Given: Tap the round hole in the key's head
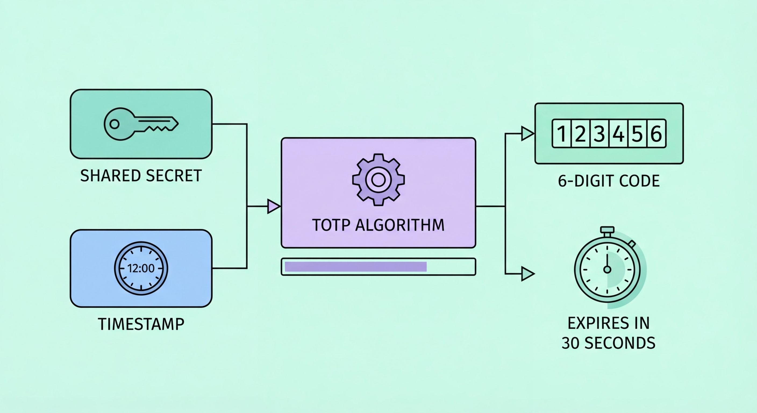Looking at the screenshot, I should click(x=114, y=124).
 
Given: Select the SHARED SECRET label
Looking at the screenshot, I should click(x=141, y=176).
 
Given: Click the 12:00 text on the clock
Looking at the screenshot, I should click(x=141, y=268).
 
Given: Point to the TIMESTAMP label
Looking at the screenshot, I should click(x=141, y=324).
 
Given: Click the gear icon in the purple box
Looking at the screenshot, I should click(x=378, y=180).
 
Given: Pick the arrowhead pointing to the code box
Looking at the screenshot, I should click(x=527, y=134).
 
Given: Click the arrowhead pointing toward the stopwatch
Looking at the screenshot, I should click(x=527, y=274).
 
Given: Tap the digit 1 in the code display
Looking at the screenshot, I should click(x=562, y=134).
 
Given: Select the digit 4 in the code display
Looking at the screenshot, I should click(x=618, y=134).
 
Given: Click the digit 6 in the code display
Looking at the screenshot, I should click(x=656, y=134).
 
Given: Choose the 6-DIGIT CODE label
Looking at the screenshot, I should click(x=609, y=181).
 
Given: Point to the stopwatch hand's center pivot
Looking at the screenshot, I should click(x=607, y=269).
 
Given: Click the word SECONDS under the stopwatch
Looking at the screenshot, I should click(x=620, y=343).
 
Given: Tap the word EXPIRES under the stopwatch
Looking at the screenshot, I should click(x=594, y=323).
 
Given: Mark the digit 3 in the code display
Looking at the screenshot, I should click(x=599, y=134).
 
